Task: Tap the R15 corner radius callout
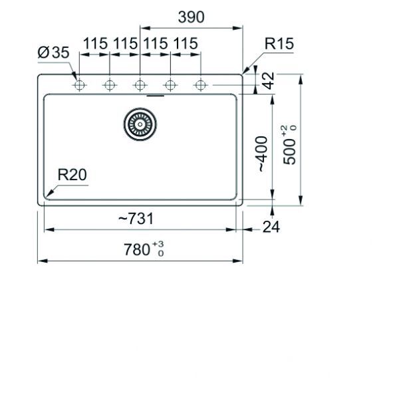pos(279,45)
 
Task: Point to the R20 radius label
pos(72,175)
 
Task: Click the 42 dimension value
pos(268,81)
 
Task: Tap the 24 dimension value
pos(271,227)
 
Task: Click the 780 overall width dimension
pos(137,251)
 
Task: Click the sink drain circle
pos(140,123)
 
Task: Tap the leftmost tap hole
pos(79,85)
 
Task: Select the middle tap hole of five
pos(140,85)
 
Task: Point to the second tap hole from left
pos(109,85)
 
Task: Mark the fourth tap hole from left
pos(170,85)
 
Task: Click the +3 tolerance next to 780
pos(158,245)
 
